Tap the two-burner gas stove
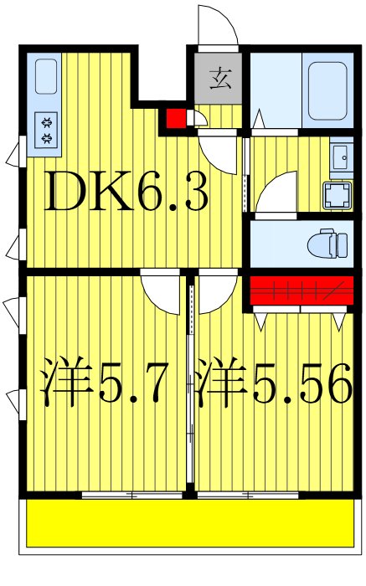47,130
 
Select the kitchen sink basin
47,77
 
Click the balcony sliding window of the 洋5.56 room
248,496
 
